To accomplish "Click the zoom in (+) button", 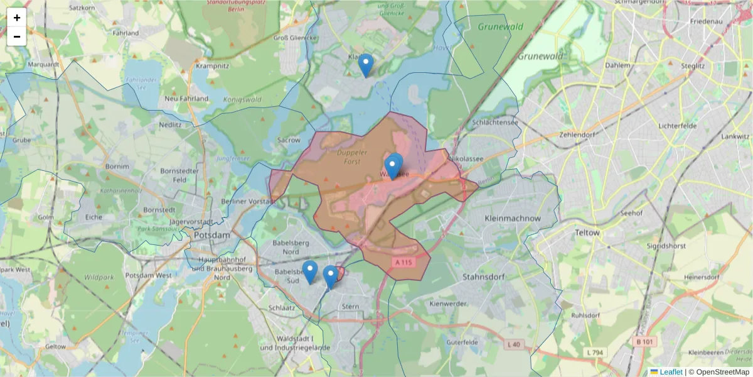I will coord(17,18).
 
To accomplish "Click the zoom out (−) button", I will coord(17,36).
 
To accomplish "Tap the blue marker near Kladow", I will coord(365,65).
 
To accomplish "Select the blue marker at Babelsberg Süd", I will coord(309,271).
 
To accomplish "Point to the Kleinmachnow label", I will coord(513,218).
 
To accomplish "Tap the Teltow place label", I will coord(587,232).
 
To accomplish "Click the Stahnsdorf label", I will coord(483,276).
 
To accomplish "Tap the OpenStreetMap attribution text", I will coord(718,372).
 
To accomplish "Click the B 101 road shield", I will coord(647,341).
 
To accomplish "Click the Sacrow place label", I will coord(289,140).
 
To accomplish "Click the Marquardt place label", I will coord(43,64).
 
